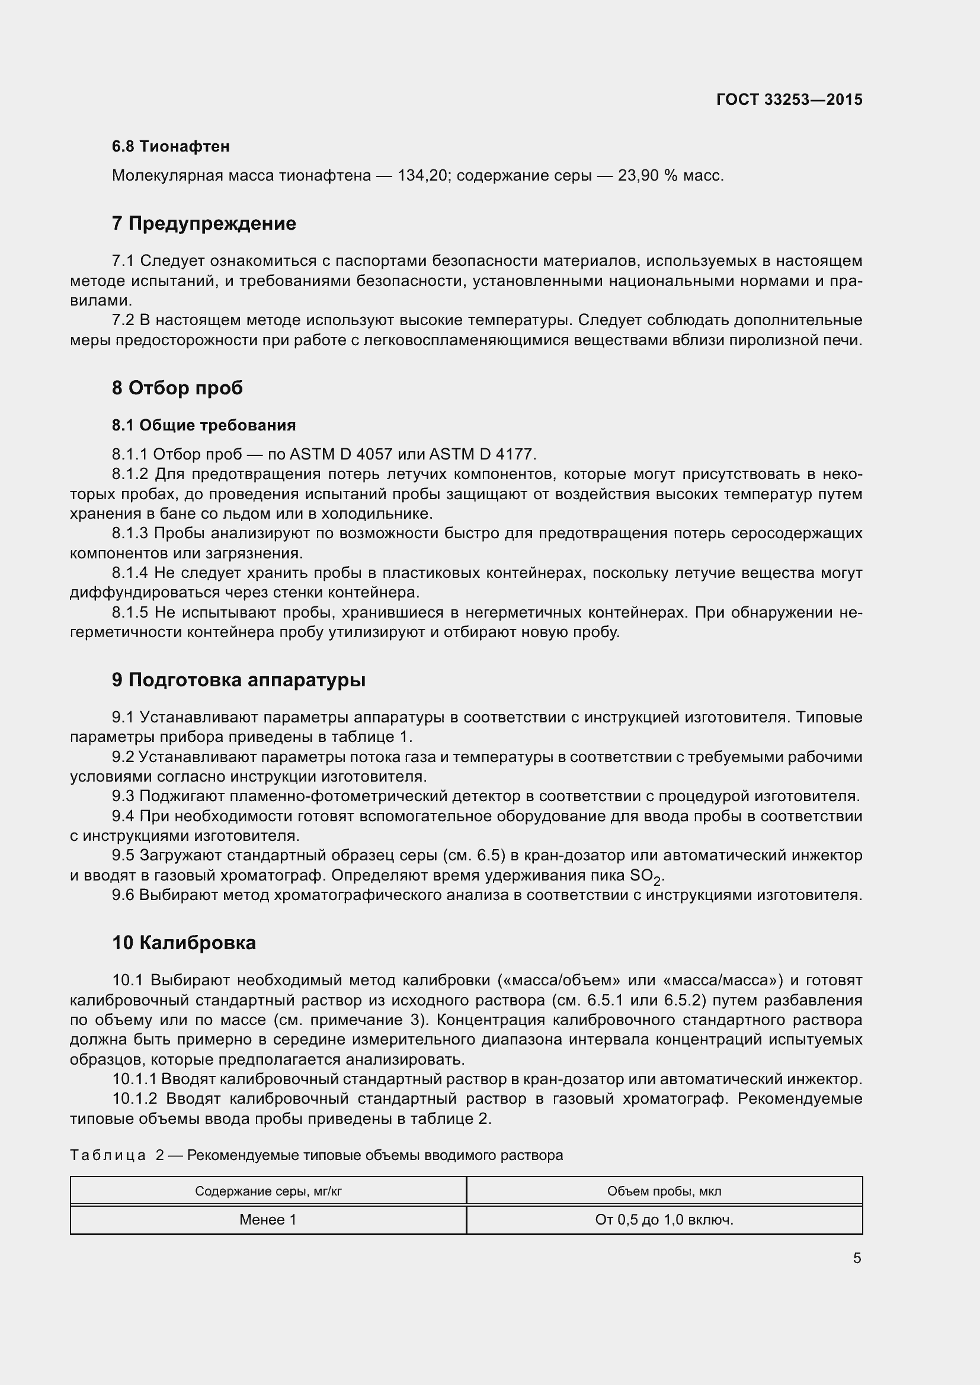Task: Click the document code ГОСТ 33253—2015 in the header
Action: pos(789,99)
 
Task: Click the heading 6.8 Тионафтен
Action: pos(171,146)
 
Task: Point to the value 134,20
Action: pos(421,175)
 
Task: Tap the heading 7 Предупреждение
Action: pos(204,223)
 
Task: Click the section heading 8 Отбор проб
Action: pos(177,387)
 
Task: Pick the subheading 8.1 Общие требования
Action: pos(204,425)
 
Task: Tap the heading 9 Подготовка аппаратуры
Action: pos(239,680)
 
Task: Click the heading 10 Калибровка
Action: pos(184,942)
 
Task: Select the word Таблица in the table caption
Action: pos(108,1155)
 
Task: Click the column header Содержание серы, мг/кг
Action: pos(268,1191)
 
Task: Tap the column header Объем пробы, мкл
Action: pos(664,1191)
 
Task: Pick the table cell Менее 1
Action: pos(268,1220)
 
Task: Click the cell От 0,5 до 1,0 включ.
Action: pos(664,1220)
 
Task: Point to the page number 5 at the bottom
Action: pos(857,1258)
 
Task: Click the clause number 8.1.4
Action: pos(130,573)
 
